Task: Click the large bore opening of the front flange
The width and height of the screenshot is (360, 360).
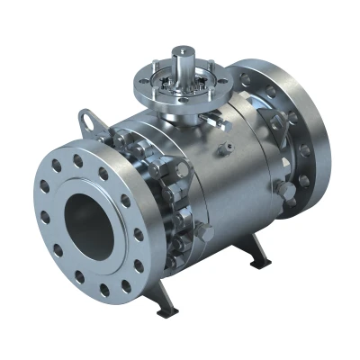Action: [91, 221]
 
